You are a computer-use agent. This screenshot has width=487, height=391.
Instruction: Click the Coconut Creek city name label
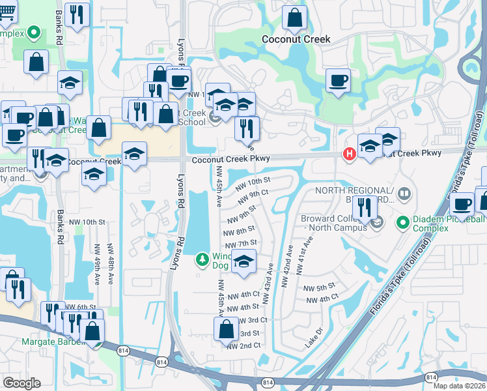pos(296,39)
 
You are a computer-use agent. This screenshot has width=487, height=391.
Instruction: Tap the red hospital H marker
pos(349,154)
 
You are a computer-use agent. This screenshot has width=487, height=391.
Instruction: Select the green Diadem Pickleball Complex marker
pos(402,224)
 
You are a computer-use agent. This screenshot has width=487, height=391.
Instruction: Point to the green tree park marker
pos(202,261)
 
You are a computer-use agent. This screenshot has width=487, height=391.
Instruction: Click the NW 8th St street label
pos(238,231)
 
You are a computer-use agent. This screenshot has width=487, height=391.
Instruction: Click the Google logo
pos(21,383)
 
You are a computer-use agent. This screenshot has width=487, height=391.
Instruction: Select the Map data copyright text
pos(460,386)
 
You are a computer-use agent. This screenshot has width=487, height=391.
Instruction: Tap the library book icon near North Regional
pos(404,194)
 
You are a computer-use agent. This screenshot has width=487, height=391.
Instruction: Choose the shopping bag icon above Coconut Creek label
pos(295,18)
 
